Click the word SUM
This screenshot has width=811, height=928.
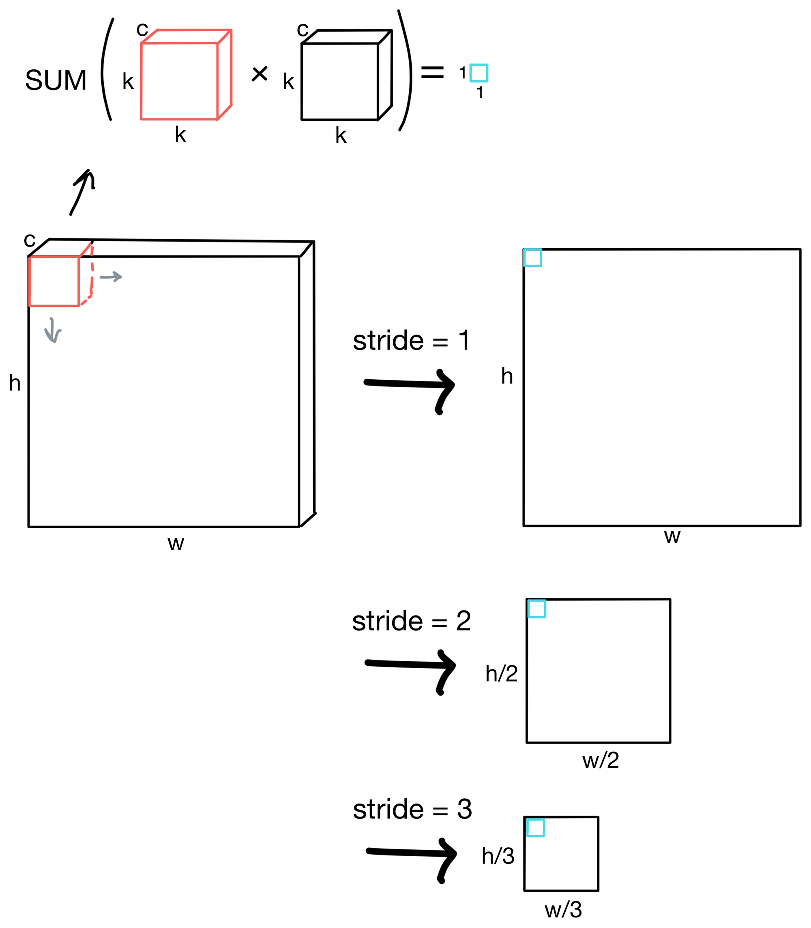(56, 81)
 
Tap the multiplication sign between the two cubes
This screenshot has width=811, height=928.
(260, 74)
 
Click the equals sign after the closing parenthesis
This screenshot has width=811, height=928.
(432, 73)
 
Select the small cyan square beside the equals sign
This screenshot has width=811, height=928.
(478, 73)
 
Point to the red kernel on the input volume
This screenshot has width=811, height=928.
(55, 280)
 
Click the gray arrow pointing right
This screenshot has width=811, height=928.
(111, 276)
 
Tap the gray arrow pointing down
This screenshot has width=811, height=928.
(52, 330)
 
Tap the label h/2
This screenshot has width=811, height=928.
(501, 674)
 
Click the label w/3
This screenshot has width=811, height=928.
(563, 909)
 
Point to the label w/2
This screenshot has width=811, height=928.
(600, 760)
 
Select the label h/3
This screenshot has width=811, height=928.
(498, 856)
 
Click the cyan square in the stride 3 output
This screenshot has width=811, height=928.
(535, 827)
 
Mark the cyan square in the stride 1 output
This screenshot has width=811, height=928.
(532, 258)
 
